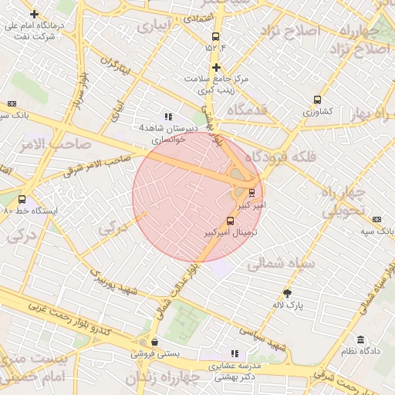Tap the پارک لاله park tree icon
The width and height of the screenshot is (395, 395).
pos(288,292)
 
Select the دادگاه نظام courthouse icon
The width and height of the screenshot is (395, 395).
pos(360,339)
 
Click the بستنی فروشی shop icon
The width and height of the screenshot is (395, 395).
pos(154,342)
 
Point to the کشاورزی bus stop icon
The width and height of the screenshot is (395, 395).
pos(317,100)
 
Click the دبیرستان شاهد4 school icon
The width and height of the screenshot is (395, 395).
pos(168,116)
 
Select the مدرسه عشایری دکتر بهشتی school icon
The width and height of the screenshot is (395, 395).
pos(235,353)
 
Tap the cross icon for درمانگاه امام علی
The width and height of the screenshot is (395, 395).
pos(33,15)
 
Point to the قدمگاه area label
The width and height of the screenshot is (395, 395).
pos(246,110)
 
